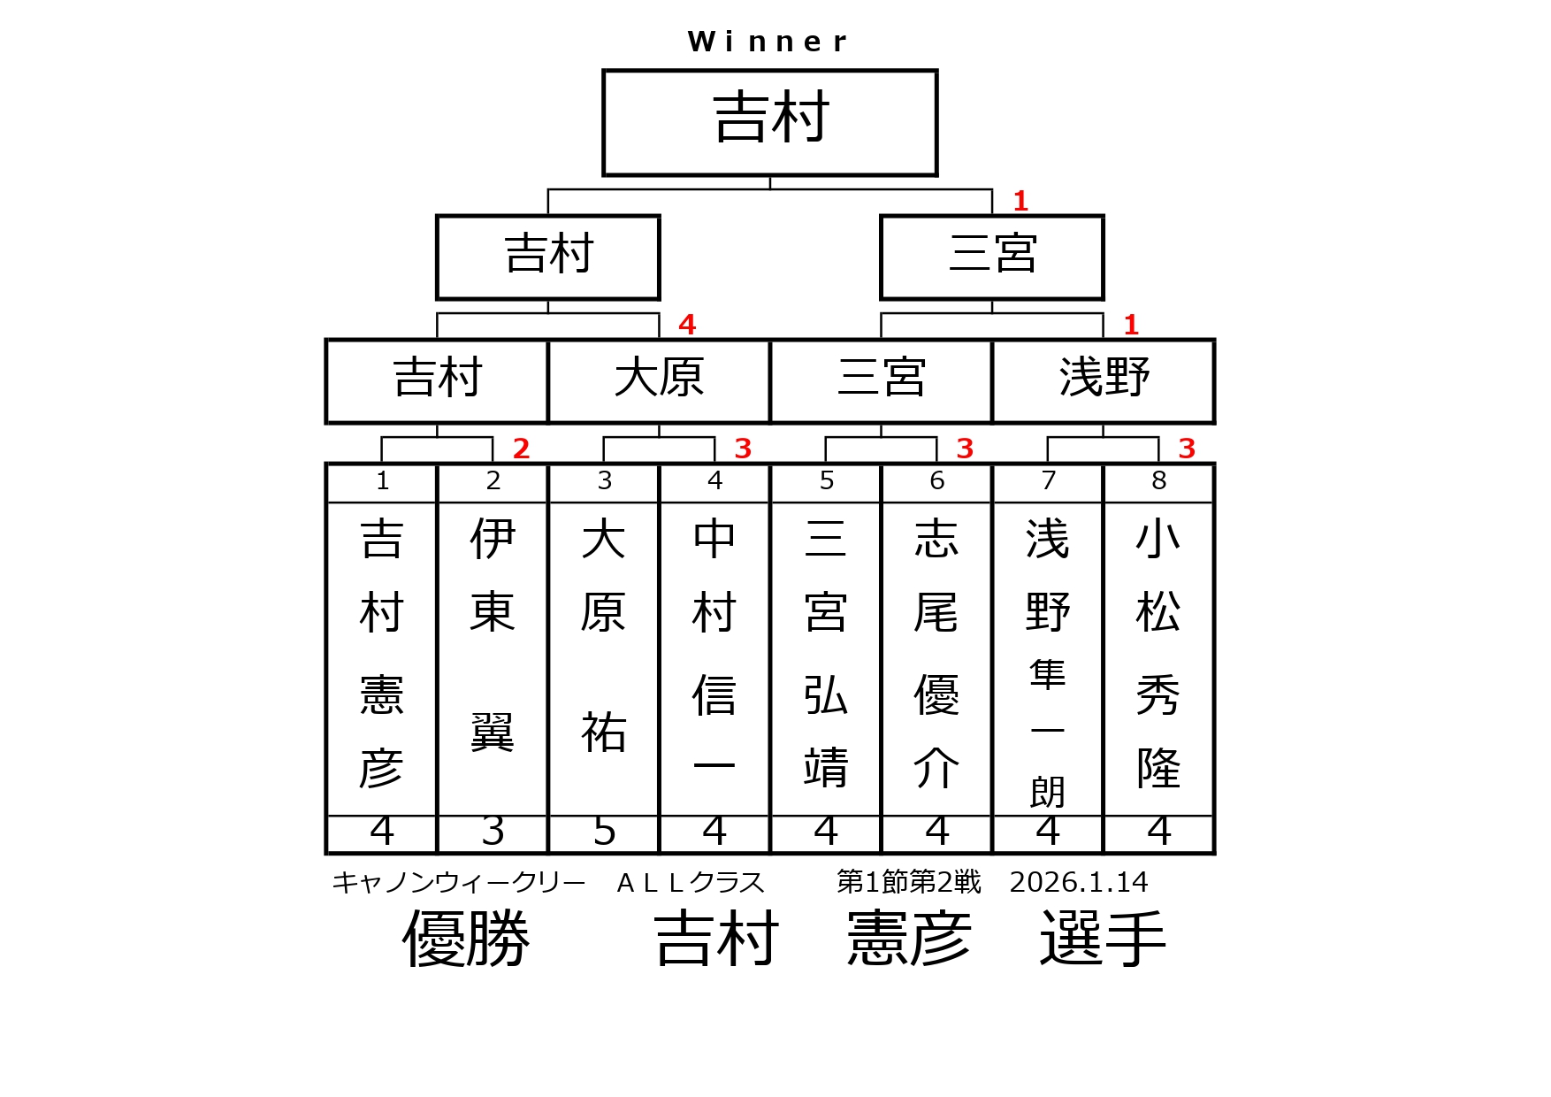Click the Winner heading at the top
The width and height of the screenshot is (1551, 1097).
coord(768,42)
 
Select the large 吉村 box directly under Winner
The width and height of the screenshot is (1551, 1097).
coord(769,122)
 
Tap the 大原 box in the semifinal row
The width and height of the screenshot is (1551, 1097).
coord(659,380)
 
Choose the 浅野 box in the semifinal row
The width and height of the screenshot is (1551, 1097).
coord(1104,380)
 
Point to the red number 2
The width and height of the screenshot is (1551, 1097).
coord(521,449)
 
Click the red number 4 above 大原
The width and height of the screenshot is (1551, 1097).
coord(687,325)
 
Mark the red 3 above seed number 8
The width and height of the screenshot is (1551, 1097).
coord(1187,449)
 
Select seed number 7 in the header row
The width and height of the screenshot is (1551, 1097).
coord(1048,481)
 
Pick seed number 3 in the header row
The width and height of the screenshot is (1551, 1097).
coord(604,481)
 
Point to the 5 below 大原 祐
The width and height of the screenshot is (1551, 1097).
coord(604,832)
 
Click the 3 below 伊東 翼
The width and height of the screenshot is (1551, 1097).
coord(493,832)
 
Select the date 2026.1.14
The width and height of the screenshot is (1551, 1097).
coord(1078,882)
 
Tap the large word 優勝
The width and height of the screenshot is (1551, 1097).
coord(466,938)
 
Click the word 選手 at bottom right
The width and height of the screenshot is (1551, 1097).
coord(1103,938)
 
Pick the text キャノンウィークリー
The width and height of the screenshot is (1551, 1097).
coord(458,882)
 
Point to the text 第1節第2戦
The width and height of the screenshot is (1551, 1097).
coord(908,882)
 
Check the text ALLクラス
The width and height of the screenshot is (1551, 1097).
coord(690,882)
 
